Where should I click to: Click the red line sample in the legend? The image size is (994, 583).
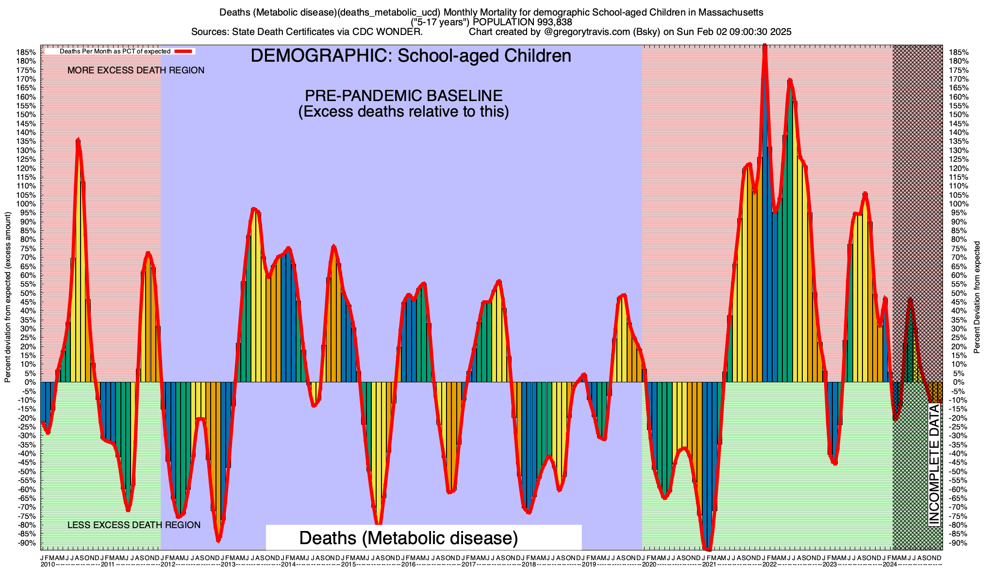coord(184,51)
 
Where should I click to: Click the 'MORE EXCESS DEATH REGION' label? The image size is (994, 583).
coord(136,70)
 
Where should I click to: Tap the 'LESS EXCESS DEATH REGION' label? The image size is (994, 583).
coord(134,525)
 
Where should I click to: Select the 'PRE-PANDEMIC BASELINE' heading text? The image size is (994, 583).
coord(403,95)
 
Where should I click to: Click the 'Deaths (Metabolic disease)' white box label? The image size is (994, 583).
coord(409,538)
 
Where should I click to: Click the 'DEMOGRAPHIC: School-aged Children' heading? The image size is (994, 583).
coord(411,56)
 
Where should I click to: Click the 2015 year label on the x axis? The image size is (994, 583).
coord(348,565)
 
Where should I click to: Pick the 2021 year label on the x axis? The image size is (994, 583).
coord(709,565)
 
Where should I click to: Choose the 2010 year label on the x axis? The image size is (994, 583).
coord(48,565)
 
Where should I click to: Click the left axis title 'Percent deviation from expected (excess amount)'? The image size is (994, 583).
coord(8,297)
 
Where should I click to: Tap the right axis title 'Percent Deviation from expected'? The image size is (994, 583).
coord(977,297)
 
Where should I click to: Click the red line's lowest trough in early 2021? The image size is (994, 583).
coord(708,549)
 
